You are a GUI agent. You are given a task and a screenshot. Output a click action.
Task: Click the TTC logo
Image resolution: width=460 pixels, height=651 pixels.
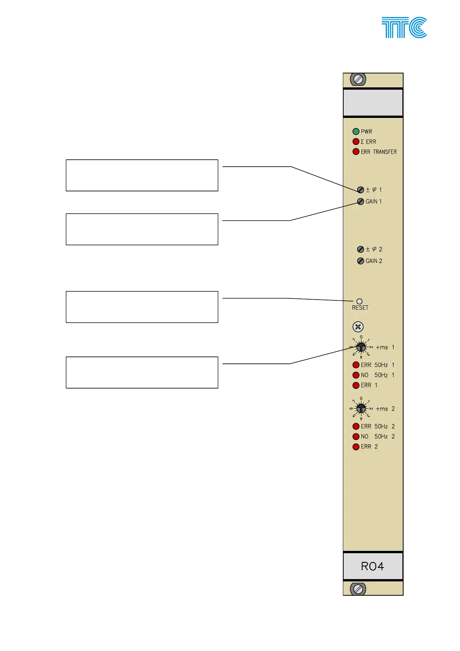click(x=404, y=27)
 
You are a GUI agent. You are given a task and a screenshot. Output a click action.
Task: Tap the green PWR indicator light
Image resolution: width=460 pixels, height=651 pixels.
click(x=356, y=131)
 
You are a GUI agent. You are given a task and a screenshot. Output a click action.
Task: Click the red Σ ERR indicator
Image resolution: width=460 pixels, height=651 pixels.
click(x=356, y=141)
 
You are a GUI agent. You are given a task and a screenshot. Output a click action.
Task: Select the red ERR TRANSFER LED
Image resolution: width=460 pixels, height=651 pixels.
click(x=356, y=152)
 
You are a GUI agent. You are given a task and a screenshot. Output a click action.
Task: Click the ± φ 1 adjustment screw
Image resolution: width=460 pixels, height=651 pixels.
click(x=361, y=190)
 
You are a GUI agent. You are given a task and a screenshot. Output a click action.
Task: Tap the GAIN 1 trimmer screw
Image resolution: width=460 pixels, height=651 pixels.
click(x=361, y=201)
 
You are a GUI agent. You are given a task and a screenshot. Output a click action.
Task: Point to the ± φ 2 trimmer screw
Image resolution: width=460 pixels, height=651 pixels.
click(x=361, y=249)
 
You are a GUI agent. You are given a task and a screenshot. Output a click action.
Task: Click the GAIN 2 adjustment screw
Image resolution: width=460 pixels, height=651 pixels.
click(x=361, y=261)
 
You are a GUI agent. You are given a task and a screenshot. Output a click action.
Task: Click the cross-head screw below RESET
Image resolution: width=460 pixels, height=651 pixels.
click(x=358, y=327)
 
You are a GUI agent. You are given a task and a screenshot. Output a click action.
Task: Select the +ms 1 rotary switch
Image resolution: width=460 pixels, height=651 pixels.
click(x=361, y=347)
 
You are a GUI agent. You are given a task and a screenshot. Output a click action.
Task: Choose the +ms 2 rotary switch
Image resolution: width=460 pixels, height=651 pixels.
click(x=361, y=409)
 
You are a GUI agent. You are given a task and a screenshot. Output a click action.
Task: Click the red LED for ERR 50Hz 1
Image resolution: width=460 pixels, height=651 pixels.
click(x=356, y=365)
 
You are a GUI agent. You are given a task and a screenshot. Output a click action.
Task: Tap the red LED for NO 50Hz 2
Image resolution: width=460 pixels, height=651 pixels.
click(x=356, y=436)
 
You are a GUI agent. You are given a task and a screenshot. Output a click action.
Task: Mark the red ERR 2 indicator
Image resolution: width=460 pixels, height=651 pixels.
click(x=356, y=446)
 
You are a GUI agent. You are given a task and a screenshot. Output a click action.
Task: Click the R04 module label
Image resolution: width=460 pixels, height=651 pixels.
click(x=373, y=566)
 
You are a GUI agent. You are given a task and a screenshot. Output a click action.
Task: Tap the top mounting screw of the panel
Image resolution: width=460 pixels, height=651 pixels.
click(x=358, y=80)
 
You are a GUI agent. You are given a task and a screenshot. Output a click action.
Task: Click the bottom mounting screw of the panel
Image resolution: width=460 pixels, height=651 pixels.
click(x=358, y=589)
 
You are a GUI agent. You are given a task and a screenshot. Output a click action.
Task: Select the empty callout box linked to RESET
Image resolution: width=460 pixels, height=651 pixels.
click(x=142, y=307)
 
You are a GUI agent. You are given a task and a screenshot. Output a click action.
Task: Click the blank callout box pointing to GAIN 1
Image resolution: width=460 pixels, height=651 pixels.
click(x=142, y=229)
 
